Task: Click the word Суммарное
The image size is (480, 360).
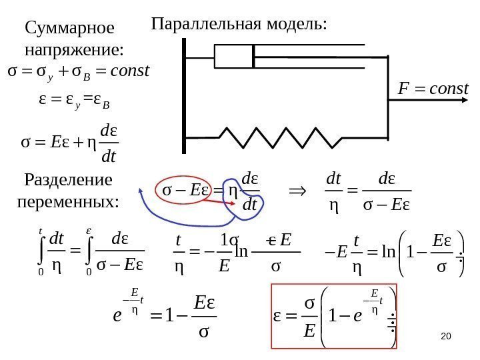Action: click(x=69, y=29)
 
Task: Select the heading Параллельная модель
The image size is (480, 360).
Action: click(x=240, y=25)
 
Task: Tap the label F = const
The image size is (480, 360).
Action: click(x=434, y=88)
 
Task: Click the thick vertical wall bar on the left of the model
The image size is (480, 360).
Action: click(x=183, y=89)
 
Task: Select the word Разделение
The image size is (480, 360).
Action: click(x=68, y=181)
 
